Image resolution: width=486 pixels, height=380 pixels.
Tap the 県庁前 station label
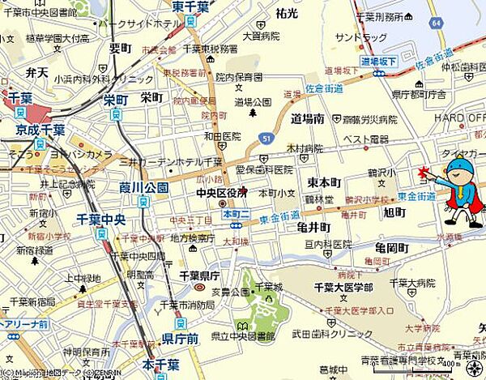[180, 339]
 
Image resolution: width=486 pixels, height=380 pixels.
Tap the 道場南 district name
[308, 117]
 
